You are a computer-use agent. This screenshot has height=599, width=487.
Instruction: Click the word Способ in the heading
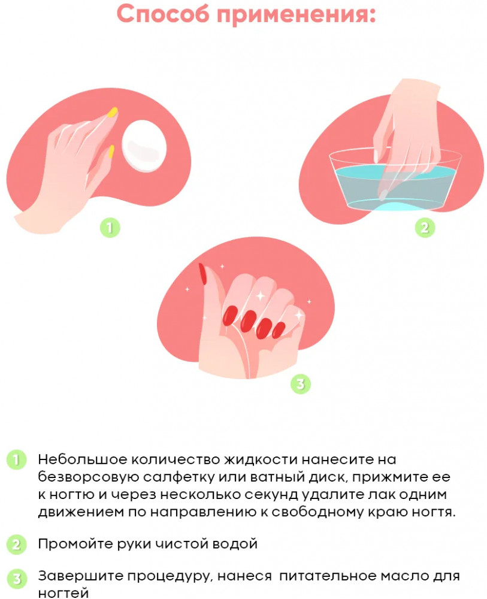[x=163, y=14]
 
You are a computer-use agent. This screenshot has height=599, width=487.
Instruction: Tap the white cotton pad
[x=144, y=146]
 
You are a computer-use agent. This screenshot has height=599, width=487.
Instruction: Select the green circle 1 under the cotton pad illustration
[x=110, y=228]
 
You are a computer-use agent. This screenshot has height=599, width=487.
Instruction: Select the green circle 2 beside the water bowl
[x=425, y=228]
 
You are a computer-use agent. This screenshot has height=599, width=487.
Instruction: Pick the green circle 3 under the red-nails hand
[x=301, y=384]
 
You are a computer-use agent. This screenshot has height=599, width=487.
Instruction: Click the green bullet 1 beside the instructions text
[x=16, y=459]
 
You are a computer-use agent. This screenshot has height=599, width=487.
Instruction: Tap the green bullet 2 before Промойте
[x=16, y=544]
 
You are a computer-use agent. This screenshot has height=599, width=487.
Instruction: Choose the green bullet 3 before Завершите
[x=16, y=579]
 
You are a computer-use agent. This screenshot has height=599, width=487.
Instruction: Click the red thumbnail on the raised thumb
[x=202, y=274]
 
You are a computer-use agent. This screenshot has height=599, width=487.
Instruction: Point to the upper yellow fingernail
[x=113, y=112]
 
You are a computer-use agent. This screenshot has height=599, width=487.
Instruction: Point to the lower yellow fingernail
[x=111, y=152]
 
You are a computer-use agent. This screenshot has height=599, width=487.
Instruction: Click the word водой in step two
[x=235, y=544]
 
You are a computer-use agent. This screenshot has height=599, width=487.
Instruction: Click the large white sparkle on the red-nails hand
[x=261, y=295]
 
